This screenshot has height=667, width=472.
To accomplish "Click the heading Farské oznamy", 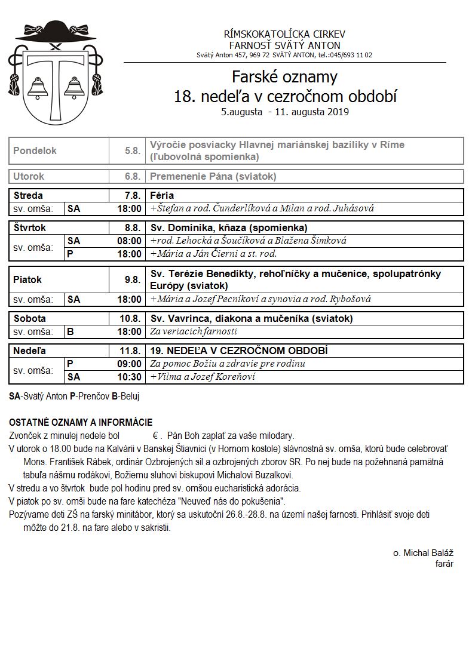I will coord(284,77).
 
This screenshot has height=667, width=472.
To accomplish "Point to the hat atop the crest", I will coord(52,33).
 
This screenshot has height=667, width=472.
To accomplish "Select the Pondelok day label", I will coord(35,151).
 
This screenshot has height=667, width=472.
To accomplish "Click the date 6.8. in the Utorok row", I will coord(133,177).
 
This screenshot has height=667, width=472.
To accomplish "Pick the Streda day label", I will coord(28,195).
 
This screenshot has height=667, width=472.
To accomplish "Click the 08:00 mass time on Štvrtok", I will coord(130,241).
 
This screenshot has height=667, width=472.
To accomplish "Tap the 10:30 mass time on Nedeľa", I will coord(130,377).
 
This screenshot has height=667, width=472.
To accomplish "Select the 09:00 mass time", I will coord(130,364).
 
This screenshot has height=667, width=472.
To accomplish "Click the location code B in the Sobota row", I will coord(71,331).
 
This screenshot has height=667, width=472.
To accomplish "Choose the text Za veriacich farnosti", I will coord(194,331).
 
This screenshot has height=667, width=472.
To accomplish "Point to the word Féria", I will coord(162,195).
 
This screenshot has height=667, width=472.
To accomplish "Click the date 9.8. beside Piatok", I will coord(133,279).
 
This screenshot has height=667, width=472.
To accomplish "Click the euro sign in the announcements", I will coord(155,435).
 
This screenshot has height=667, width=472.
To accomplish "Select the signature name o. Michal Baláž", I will coord(422,553).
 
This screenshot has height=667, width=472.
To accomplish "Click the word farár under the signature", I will coord(444,563).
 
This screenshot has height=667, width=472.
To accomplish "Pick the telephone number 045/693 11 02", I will coord(345,55).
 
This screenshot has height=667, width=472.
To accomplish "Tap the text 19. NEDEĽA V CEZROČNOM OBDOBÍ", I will coord(238,351).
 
